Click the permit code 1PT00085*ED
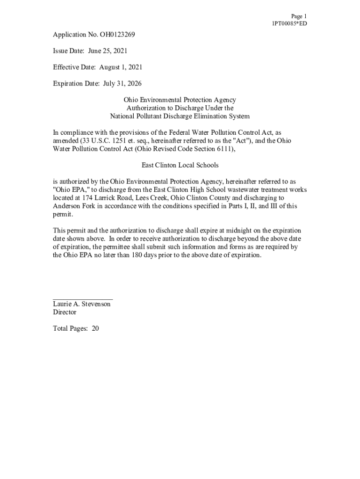click(x=289, y=23)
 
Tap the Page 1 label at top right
click(x=299, y=16)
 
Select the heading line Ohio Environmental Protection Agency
click(x=180, y=100)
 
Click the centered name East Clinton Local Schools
click(x=180, y=165)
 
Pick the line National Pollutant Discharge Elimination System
click(x=180, y=116)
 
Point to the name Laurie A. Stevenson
click(x=82, y=304)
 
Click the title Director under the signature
click(x=65, y=312)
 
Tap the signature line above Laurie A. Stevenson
click(x=83, y=298)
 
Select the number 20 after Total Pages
click(x=95, y=328)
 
